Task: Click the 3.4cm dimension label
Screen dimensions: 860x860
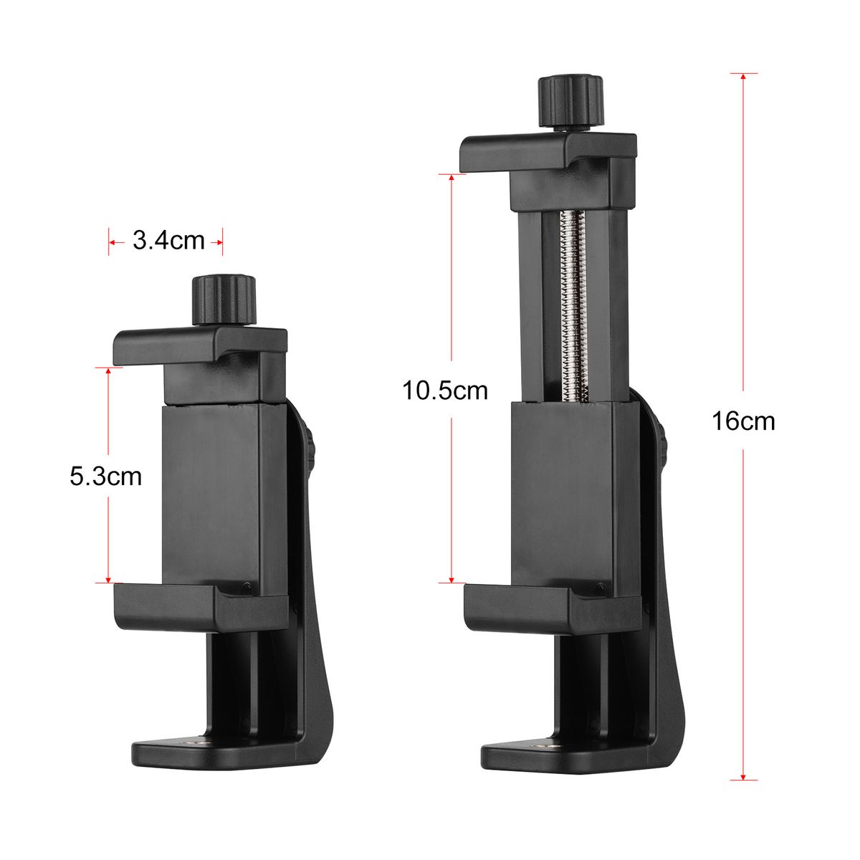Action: click(x=168, y=241)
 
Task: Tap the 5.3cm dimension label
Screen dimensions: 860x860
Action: click(x=106, y=476)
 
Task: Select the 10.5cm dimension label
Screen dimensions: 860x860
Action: click(x=445, y=390)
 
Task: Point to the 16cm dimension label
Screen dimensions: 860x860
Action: click(x=743, y=421)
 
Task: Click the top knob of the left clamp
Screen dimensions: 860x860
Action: click(x=224, y=300)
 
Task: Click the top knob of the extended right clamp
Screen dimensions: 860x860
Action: click(x=570, y=102)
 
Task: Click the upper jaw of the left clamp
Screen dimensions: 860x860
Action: click(x=200, y=347)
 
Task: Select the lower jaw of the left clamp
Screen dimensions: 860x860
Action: click(x=201, y=606)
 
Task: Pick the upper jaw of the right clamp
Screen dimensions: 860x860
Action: click(x=548, y=152)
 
